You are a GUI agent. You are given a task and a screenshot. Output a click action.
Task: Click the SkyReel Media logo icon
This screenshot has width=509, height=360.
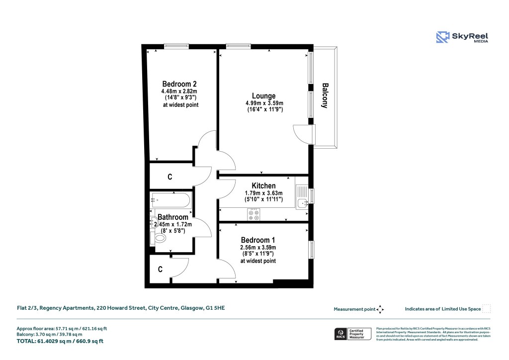[x=443, y=37]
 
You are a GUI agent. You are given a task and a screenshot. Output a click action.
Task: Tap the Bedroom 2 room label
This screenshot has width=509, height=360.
[x=179, y=84]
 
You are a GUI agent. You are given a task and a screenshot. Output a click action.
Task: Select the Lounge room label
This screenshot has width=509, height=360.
[x=263, y=96]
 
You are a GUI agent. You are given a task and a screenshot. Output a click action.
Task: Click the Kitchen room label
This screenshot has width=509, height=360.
[x=263, y=186]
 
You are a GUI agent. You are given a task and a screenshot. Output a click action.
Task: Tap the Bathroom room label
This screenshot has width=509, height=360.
[x=173, y=217]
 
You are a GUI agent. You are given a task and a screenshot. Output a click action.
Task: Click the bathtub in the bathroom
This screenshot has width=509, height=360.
[x=170, y=201]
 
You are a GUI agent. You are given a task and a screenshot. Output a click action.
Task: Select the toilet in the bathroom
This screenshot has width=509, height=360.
[x=160, y=238]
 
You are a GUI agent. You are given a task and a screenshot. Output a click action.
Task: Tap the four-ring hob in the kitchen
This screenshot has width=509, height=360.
[x=254, y=215]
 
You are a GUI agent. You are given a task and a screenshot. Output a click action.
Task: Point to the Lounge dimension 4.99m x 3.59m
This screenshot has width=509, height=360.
[x=264, y=103]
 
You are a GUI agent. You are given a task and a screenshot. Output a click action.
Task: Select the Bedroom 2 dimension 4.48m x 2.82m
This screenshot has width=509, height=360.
[x=179, y=91]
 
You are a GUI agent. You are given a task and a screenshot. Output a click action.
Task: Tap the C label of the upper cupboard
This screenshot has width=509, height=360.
[x=170, y=177]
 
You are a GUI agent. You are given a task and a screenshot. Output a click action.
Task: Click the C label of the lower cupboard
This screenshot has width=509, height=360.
[x=160, y=270]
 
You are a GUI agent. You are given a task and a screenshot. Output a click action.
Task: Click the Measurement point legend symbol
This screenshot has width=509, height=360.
[x=380, y=309]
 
